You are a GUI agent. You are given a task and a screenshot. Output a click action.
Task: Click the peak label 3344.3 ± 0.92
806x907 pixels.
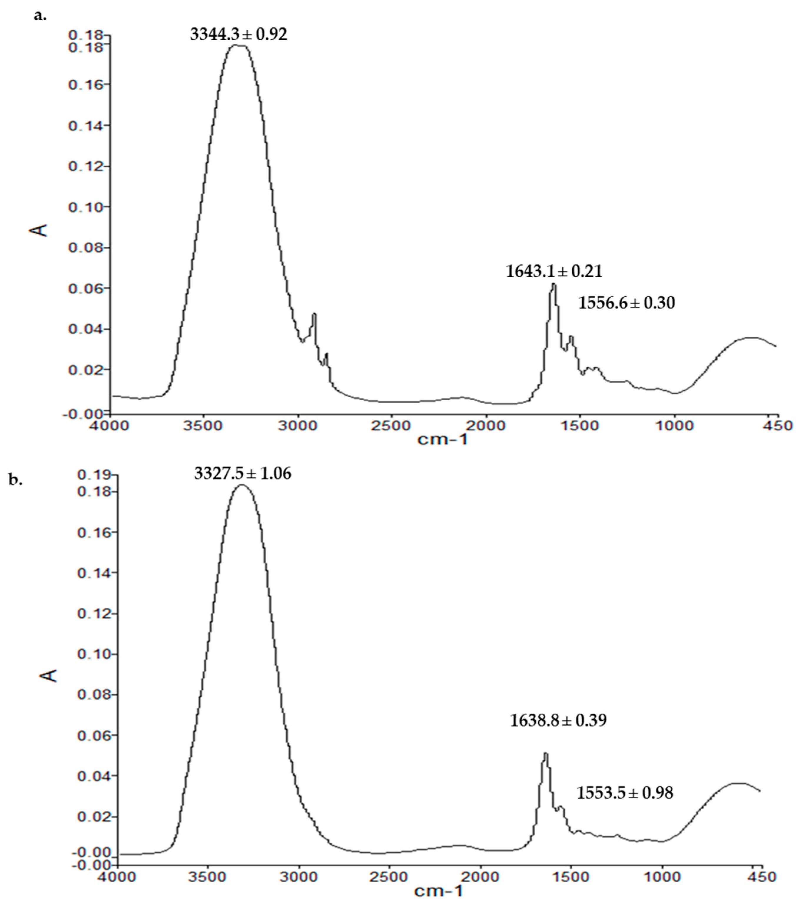[x=238, y=34]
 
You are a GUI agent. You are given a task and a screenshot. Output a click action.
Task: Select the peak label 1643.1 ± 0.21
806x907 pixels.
[x=554, y=271]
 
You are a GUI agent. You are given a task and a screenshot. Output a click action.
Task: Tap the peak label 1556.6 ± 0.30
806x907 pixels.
[x=626, y=303]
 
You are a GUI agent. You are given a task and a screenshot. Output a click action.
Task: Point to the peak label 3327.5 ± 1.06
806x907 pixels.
[x=242, y=473]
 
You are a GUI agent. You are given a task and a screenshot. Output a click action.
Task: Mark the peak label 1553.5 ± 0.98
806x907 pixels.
[x=624, y=793]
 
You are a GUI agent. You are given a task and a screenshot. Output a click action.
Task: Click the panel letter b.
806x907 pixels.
[x=16, y=479]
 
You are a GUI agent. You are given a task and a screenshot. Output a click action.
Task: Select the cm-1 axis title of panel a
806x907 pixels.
[x=442, y=440]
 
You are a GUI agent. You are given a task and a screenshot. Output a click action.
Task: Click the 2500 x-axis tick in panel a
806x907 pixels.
[x=392, y=426]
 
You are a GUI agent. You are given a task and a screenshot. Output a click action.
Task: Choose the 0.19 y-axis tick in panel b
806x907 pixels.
[x=94, y=475]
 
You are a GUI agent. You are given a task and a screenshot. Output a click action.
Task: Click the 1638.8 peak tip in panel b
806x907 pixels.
[x=546, y=753]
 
